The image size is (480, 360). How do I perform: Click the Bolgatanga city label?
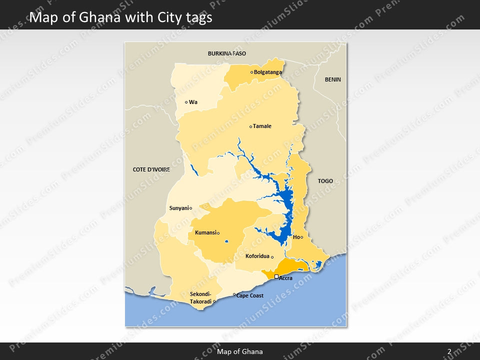[x=267, y=72]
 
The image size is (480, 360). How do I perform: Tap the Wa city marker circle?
[x=186, y=102]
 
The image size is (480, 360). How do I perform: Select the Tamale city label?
[x=262, y=126]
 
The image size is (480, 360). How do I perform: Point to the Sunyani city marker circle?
[x=190, y=208]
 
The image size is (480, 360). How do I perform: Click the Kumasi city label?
[x=205, y=232]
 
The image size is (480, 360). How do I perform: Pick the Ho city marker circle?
[x=301, y=237]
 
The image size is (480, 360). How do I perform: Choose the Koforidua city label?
[x=257, y=256]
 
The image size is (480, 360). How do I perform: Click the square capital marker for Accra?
[x=276, y=276]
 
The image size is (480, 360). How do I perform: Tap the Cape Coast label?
[x=250, y=295]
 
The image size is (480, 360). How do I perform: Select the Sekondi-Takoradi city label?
[x=200, y=297]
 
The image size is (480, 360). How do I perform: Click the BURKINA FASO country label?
[x=227, y=53]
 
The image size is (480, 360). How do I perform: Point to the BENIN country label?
[x=332, y=79]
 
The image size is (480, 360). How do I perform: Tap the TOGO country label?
[x=325, y=181]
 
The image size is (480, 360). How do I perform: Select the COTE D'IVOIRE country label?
[x=151, y=169]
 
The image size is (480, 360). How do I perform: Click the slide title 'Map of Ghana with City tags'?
[x=121, y=17]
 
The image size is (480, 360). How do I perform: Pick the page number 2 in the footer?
[x=449, y=351]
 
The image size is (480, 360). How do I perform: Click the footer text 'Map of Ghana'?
[x=240, y=351]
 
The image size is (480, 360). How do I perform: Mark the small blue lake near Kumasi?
[x=226, y=242]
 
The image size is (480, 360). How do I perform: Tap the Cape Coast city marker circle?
[x=234, y=294]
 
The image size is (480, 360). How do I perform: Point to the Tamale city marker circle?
[x=250, y=126]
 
